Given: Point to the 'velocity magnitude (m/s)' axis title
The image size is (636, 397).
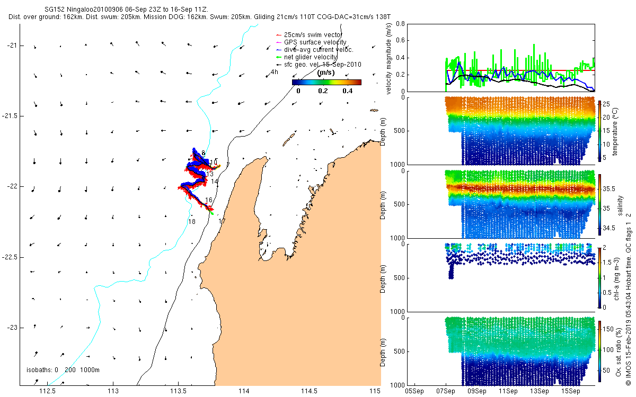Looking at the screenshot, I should tap(389, 58).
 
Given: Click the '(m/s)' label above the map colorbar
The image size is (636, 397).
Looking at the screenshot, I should tap(326, 73).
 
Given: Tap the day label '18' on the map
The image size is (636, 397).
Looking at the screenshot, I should tap(191, 222).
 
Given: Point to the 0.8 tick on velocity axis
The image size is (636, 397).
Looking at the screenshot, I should tap(401, 24).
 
